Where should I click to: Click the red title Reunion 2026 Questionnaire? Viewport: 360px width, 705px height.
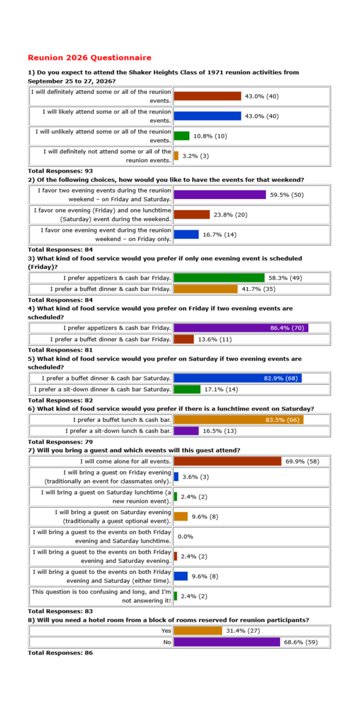89,58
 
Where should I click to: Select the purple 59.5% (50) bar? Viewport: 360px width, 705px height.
220,194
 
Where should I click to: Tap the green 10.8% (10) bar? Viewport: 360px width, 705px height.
181,136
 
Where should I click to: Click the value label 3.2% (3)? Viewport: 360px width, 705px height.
196,156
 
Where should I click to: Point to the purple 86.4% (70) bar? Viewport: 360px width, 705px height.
241,328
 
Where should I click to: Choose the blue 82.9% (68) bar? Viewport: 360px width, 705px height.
237,378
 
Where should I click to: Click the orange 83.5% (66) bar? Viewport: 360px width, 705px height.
238,419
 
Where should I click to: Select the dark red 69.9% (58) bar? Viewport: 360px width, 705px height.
228,461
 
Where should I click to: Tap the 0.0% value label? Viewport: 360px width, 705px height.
186,536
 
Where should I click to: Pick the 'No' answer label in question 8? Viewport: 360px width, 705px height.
167,642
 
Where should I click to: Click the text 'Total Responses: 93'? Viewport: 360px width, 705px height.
56,171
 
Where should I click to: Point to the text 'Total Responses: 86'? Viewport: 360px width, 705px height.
60,652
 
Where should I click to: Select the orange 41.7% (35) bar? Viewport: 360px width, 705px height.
206,288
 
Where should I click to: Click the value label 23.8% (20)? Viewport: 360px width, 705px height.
230,214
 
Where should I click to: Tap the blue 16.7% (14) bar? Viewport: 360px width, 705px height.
186,234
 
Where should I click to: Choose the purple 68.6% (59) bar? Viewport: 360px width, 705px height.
227,642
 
